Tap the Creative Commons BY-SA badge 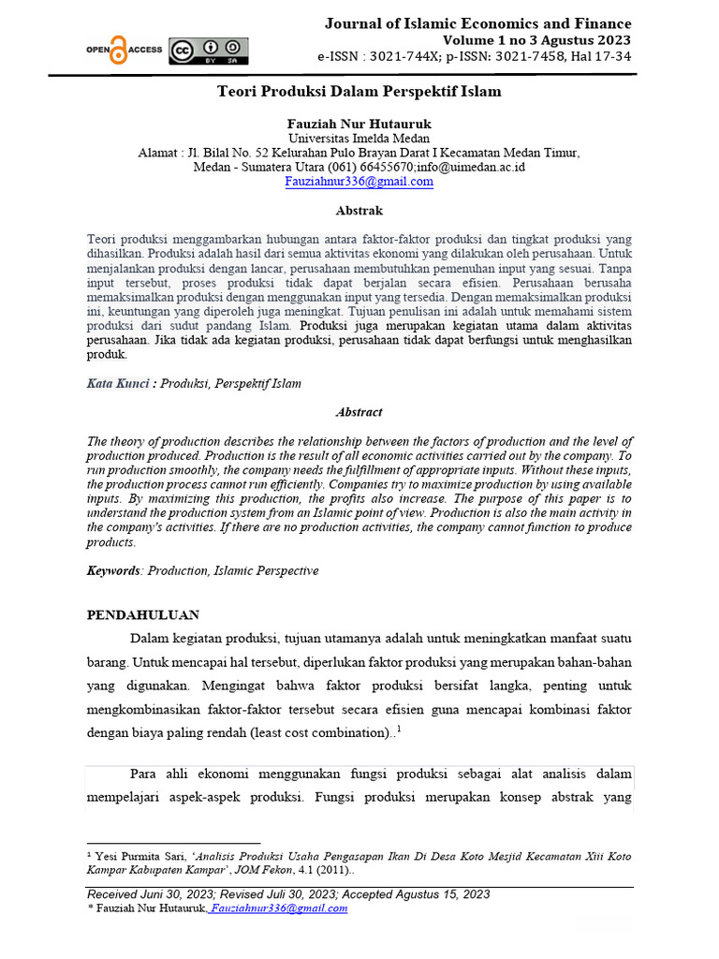(208, 51)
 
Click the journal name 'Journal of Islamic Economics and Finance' (477, 23)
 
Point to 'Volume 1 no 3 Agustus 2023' (536, 40)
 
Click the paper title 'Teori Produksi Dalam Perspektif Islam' (359, 92)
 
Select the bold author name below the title (359, 124)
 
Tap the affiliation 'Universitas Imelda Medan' (359, 139)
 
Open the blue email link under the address (359, 182)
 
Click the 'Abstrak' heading (359, 211)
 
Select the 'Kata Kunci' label (118, 383)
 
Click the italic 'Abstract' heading (359, 412)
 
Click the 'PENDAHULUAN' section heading (143, 615)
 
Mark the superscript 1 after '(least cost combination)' (400, 729)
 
